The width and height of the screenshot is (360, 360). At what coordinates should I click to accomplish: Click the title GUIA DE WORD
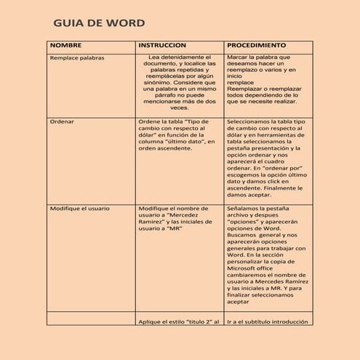pos(99,24)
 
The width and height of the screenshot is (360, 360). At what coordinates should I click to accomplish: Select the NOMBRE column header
pos(65,45)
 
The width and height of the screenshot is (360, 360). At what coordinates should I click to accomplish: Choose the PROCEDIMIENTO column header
pos(256,45)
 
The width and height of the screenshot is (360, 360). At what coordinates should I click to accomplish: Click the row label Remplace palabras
pos(76,57)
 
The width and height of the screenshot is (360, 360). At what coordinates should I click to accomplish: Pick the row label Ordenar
pos(62,121)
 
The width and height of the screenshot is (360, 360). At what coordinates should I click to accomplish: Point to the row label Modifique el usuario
pos(79,208)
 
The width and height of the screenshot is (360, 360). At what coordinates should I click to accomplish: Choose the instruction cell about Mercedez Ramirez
pos(177,218)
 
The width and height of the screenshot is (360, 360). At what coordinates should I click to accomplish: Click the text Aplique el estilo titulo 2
pos(178,321)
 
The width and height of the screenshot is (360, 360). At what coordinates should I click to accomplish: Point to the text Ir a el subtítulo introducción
pos(268,321)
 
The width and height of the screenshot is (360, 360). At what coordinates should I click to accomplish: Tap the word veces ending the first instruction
pos(178,108)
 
